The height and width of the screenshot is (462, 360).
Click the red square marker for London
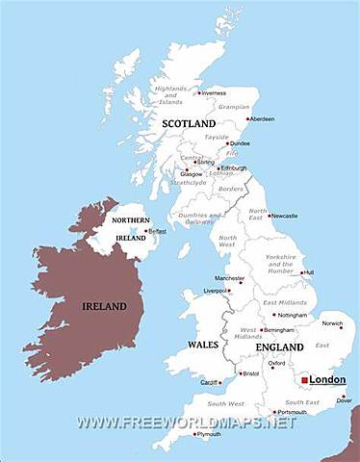(x=304, y=380)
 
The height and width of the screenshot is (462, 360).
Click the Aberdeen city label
(x=261, y=119)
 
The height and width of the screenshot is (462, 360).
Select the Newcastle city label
(x=286, y=216)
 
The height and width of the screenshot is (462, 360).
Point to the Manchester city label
(x=229, y=278)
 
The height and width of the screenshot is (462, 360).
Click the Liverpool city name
(x=215, y=290)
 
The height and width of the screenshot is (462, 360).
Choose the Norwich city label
(x=332, y=323)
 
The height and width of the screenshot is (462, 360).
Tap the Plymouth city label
(x=209, y=434)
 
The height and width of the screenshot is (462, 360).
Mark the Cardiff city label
(x=210, y=383)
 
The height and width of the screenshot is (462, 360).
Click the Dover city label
(x=343, y=400)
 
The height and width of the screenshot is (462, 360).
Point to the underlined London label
(x=327, y=380)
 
